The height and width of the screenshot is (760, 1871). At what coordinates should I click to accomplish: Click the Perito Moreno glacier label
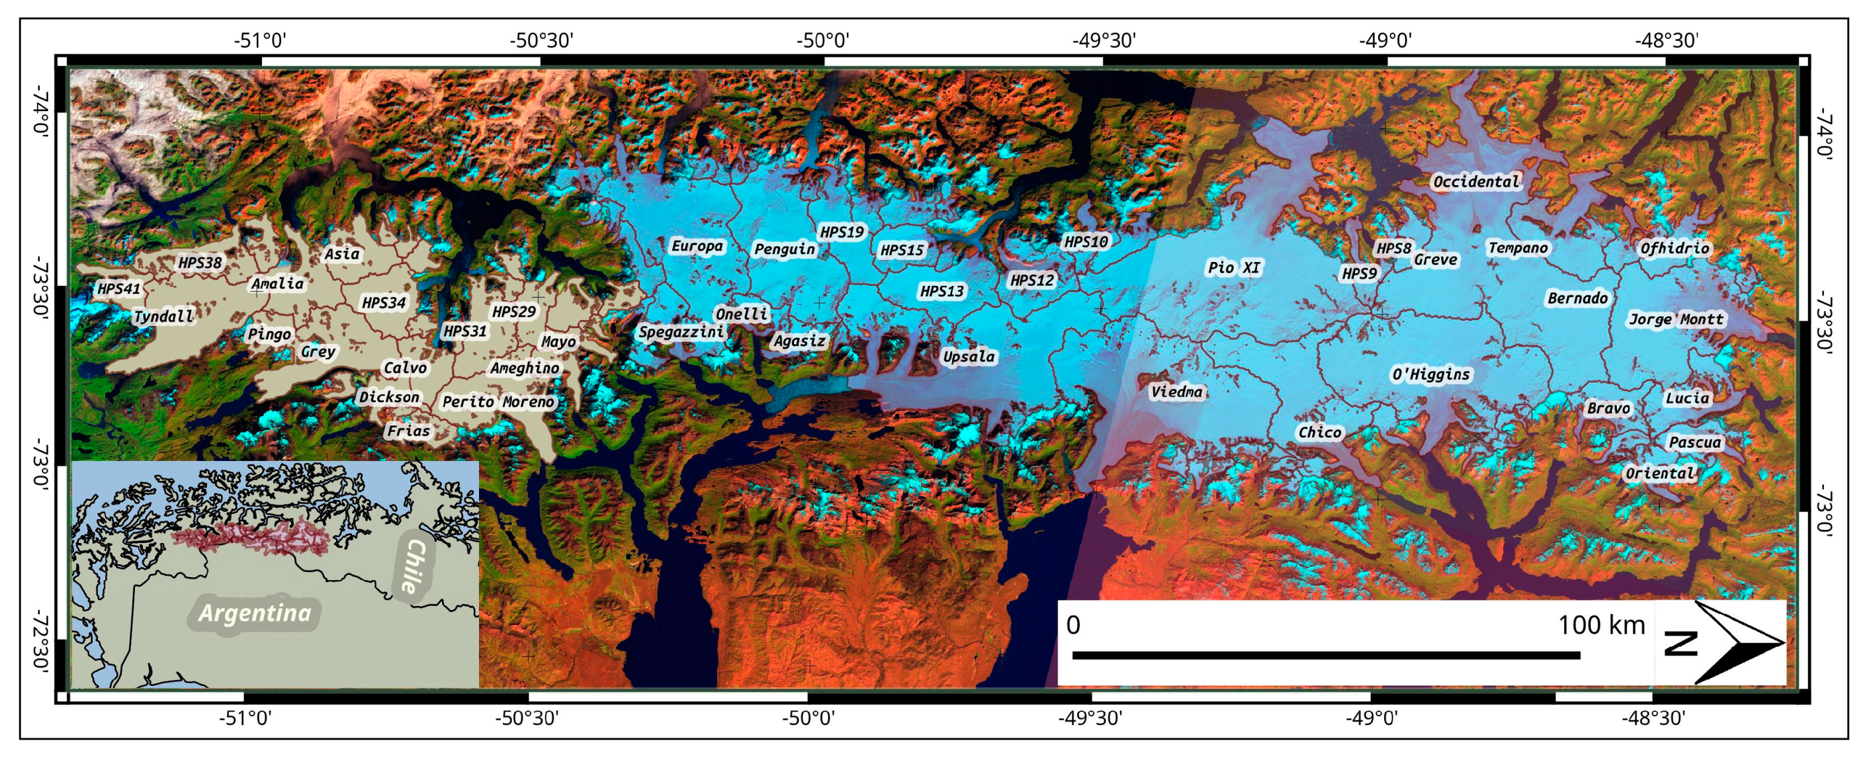(x=498, y=401)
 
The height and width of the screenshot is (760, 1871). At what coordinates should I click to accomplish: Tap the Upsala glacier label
(x=968, y=357)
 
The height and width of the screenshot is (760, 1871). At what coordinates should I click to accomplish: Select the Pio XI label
(x=1233, y=267)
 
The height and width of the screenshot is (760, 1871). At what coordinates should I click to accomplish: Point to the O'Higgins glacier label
(x=1430, y=374)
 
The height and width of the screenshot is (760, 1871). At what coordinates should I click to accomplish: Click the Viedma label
(x=1176, y=392)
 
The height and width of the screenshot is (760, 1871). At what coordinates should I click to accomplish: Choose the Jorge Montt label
(x=1676, y=319)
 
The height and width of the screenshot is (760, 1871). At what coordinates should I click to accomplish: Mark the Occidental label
(x=1476, y=181)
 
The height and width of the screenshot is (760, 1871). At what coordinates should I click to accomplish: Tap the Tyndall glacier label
(x=163, y=316)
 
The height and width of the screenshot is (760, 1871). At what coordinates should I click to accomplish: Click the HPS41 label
(x=118, y=289)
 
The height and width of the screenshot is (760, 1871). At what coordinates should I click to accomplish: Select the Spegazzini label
(x=681, y=332)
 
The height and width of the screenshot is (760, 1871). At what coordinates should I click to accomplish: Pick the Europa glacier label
(x=697, y=246)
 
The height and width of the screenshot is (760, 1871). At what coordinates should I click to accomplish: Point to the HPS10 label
(x=1086, y=241)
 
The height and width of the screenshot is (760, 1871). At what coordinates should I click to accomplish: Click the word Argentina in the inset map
(x=255, y=612)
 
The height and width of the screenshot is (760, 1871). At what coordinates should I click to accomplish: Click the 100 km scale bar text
(x=1601, y=625)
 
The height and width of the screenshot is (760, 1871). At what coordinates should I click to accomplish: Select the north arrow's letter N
(x=1680, y=643)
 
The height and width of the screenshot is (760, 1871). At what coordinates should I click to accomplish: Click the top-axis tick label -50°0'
(x=823, y=40)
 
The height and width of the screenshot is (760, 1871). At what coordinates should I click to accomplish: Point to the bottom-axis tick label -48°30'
(x=1653, y=718)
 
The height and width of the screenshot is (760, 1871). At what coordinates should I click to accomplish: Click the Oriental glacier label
(x=1660, y=474)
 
